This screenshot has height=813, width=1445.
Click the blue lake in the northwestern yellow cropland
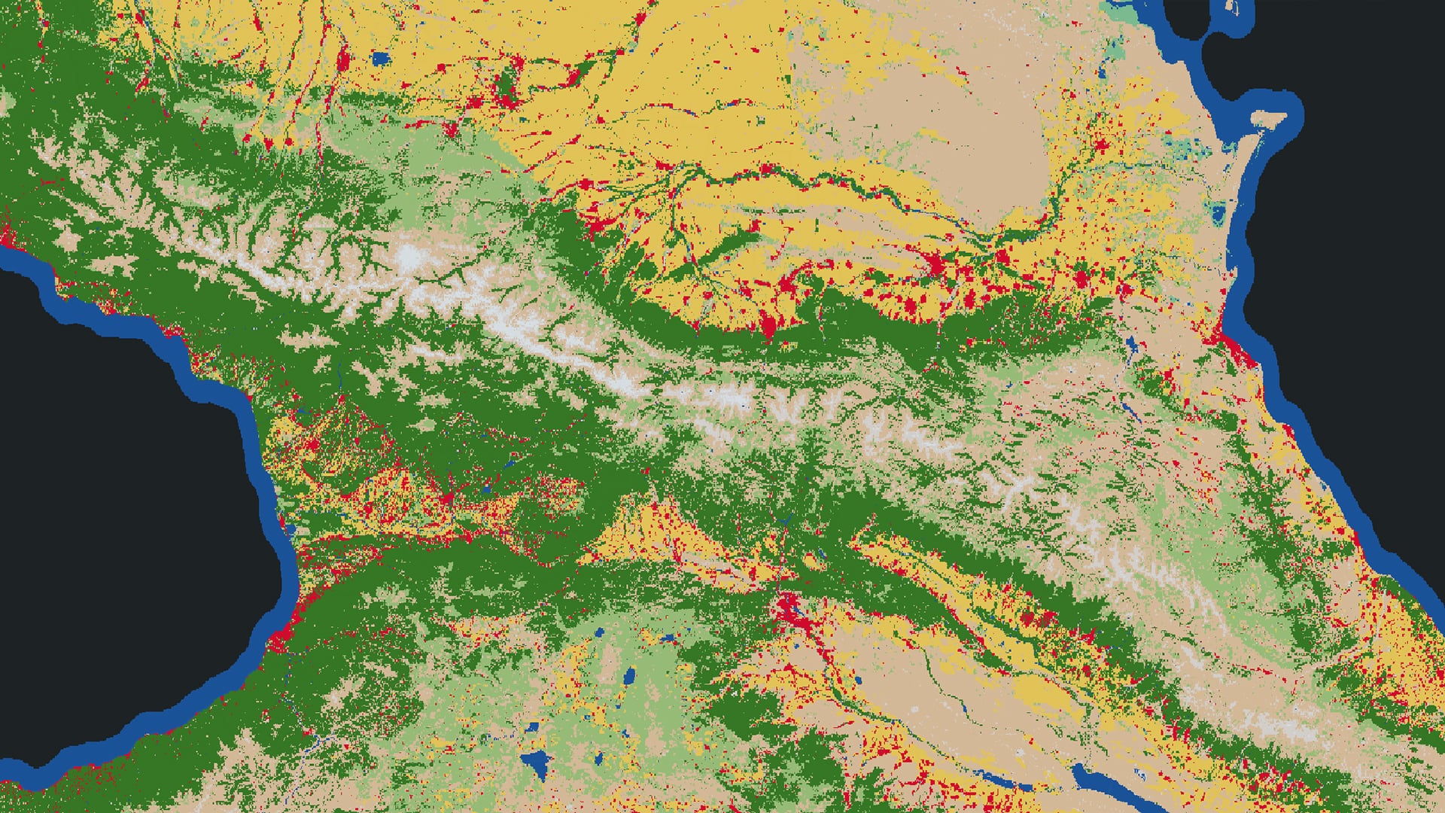pyautogui.click(x=381, y=58)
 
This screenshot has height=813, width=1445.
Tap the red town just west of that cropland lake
pyautogui.click(x=343, y=59)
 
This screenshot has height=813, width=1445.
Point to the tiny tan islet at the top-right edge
pyautogui.click(x=1232, y=7)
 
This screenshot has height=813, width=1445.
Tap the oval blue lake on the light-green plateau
pyautogui.click(x=628, y=675)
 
